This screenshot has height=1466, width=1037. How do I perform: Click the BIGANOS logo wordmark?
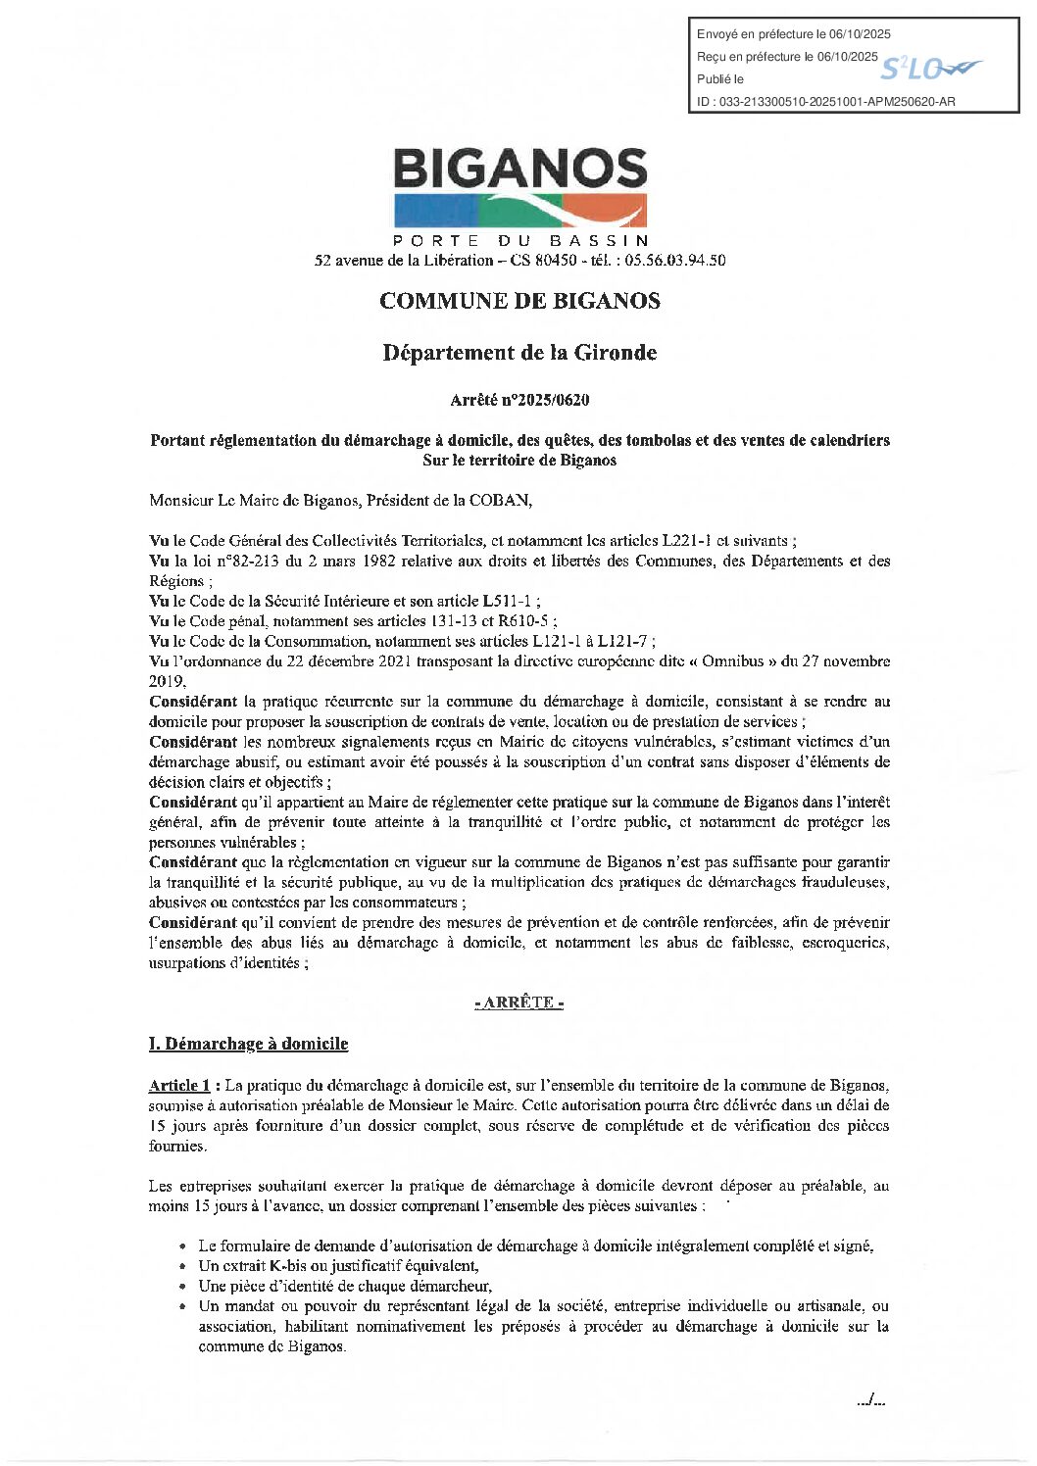(x=519, y=170)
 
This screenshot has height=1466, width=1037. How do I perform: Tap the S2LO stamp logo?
(x=929, y=69)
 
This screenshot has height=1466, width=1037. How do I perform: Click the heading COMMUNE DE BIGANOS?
(x=519, y=301)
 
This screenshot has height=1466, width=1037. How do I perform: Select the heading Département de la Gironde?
(x=519, y=353)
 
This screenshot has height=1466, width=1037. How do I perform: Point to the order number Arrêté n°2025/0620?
(x=519, y=400)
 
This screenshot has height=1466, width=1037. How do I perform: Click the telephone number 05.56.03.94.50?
(x=676, y=261)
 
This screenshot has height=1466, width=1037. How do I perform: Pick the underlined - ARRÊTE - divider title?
(x=518, y=1003)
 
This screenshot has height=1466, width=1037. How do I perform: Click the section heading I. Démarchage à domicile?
(x=248, y=1044)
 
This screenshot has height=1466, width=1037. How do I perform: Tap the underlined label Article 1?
(x=179, y=1085)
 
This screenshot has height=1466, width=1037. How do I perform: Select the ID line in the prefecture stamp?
(x=825, y=102)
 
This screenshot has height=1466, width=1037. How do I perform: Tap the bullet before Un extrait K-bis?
(x=183, y=1267)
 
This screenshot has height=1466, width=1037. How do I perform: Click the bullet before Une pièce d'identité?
(x=183, y=1287)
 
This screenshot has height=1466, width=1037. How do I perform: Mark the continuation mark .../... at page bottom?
(x=870, y=1401)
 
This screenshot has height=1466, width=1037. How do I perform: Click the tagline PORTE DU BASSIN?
(x=519, y=240)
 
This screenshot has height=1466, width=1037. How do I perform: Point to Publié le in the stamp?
(x=720, y=79)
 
